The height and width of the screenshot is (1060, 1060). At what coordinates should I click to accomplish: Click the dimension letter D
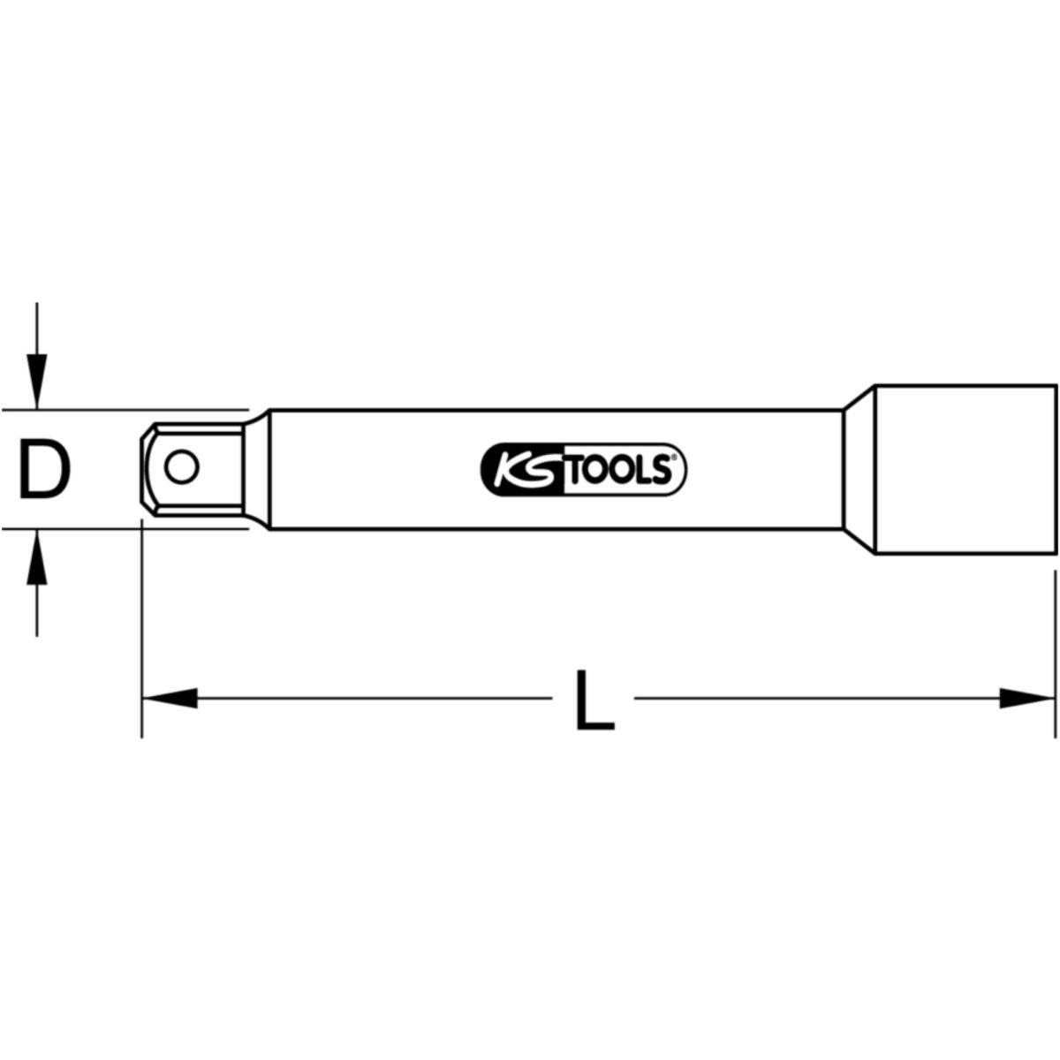(45, 469)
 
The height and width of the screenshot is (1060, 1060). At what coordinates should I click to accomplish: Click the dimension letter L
(594, 700)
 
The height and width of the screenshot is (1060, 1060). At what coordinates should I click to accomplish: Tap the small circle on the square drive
(182, 468)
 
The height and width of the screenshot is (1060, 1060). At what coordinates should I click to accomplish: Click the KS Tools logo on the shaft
(584, 469)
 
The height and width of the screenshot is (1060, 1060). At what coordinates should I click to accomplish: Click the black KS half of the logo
(523, 469)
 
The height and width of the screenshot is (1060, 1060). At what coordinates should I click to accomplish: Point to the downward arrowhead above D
(37, 382)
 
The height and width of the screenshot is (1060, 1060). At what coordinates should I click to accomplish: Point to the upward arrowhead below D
(37, 556)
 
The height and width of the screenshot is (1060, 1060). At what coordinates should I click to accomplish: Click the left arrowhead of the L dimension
(170, 699)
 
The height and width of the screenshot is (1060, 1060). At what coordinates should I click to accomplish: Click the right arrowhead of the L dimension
(1027, 699)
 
